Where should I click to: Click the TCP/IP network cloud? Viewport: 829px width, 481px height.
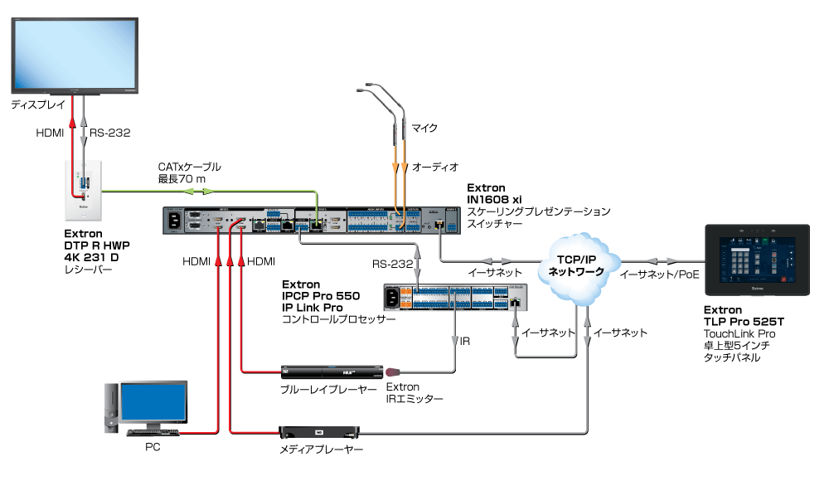click(x=579, y=268)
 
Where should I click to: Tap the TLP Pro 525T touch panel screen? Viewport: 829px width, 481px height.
click(x=757, y=260)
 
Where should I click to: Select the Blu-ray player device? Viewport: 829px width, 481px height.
click(x=332, y=372)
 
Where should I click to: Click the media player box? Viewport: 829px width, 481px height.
click(x=319, y=432)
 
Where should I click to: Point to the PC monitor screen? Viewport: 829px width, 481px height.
click(x=153, y=401)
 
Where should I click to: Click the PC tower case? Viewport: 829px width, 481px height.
click(x=111, y=407)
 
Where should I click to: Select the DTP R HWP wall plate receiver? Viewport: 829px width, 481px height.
click(x=83, y=191)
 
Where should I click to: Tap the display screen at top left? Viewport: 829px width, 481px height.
click(x=75, y=55)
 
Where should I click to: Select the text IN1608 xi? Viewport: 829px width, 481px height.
click(x=494, y=200)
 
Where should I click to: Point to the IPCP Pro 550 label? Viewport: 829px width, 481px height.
click(x=320, y=296)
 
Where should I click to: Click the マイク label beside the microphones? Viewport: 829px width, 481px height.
click(x=424, y=128)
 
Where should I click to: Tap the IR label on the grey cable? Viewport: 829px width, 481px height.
click(x=465, y=342)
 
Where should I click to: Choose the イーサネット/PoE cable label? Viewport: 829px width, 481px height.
click(x=659, y=275)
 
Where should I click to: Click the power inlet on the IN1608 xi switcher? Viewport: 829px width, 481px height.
click(x=173, y=222)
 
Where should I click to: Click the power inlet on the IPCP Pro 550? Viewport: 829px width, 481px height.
click(x=392, y=298)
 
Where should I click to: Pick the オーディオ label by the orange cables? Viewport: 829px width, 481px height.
click(x=435, y=168)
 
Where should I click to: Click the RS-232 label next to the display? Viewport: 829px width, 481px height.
click(x=110, y=133)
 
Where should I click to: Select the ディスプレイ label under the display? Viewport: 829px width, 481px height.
click(x=38, y=104)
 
